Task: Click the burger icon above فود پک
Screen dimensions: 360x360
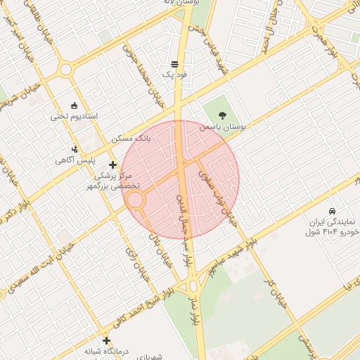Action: point(174,63)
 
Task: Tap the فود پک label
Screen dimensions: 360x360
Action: point(173,73)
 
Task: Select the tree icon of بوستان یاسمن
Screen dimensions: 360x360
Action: point(223,115)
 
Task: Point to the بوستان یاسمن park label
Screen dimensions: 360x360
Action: point(222,127)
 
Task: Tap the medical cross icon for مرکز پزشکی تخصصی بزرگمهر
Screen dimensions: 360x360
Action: point(112,165)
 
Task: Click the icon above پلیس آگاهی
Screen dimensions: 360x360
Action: point(75,148)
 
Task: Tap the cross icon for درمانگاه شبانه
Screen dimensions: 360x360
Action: point(106,340)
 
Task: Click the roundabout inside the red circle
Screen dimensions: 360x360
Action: point(136,200)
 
